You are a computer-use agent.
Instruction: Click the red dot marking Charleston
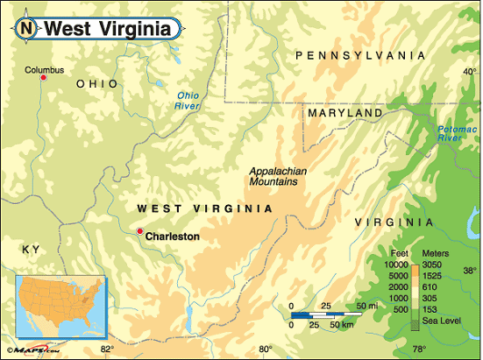click(139, 231)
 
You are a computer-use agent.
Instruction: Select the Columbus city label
click(45, 69)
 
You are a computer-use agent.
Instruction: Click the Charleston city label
click(173, 236)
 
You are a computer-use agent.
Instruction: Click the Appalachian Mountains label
click(273, 177)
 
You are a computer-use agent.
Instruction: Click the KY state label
click(32, 251)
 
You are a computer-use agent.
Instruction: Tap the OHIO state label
click(96, 83)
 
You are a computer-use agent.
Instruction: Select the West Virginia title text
click(107, 29)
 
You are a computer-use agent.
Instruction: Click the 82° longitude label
click(107, 349)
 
